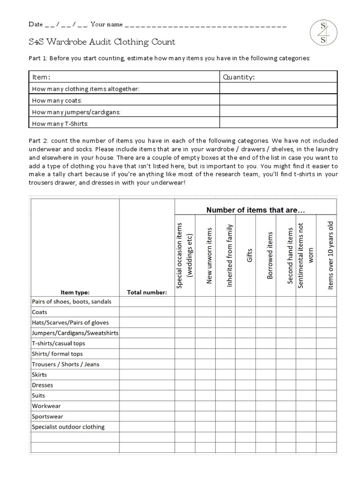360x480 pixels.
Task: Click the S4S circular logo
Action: (323, 33)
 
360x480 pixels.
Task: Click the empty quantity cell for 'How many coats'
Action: (278, 100)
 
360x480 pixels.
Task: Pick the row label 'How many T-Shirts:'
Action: (60, 124)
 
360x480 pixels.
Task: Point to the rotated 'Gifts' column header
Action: (250, 252)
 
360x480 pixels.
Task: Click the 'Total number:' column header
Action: (147, 292)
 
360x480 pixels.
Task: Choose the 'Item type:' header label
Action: (75, 292)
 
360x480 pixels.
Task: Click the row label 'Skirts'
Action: (39, 375)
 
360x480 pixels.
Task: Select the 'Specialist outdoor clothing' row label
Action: (68, 427)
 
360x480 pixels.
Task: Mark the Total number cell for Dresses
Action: (147, 385)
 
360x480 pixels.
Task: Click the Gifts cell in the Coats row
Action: (246, 312)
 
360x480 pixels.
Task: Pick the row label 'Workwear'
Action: (46, 406)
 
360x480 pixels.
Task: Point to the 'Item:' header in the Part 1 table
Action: (41, 77)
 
